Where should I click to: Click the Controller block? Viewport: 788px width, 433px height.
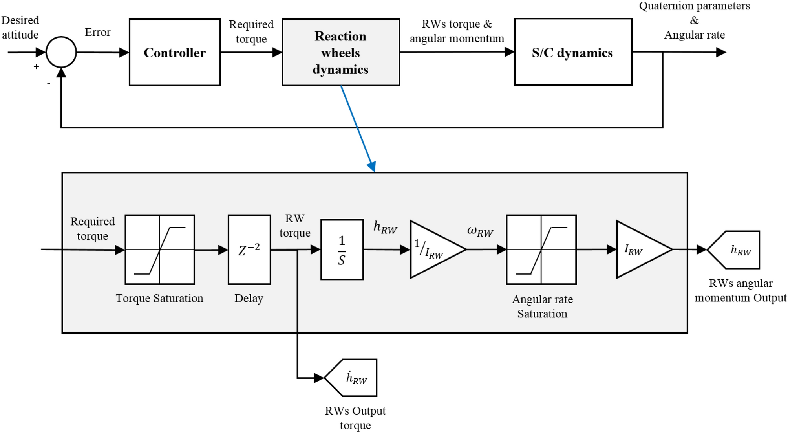[175, 52]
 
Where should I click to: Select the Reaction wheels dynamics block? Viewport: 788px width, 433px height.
[340, 52]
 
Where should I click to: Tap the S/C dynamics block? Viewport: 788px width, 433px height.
[573, 52]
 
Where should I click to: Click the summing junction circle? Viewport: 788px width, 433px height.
[61, 52]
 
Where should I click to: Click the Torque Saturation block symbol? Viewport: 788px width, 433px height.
[159, 250]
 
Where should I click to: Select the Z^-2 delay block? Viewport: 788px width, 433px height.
[249, 250]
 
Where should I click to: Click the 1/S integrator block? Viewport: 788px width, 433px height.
[342, 250]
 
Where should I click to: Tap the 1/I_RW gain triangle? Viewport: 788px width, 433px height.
[434, 250]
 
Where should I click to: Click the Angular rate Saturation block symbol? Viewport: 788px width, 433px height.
[541, 250]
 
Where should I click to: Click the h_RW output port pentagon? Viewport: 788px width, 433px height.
[736, 250]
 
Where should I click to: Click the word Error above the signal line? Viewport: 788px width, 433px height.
[97, 32]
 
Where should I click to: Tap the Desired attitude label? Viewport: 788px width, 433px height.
[20, 28]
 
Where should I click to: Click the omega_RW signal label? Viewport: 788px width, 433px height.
[480, 231]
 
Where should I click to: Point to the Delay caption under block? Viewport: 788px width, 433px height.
[249, 298]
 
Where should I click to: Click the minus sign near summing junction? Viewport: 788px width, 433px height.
[49, 83]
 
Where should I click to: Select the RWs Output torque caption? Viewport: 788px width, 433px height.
[355, 418]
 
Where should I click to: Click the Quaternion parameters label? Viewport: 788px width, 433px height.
[694, 6]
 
